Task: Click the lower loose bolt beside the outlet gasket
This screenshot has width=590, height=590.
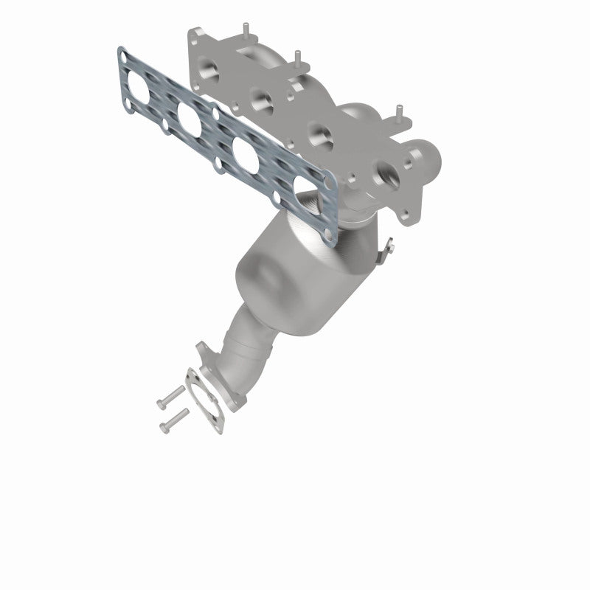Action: click(x=171, y=422)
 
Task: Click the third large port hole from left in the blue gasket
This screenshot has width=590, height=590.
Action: click(x=247, y=151)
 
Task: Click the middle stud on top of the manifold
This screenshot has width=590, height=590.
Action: click(x=297, y=58)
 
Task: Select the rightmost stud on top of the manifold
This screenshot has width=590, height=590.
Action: click(x=399, y=112)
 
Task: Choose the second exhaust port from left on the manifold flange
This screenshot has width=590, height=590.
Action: click(x=262, y=99)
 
